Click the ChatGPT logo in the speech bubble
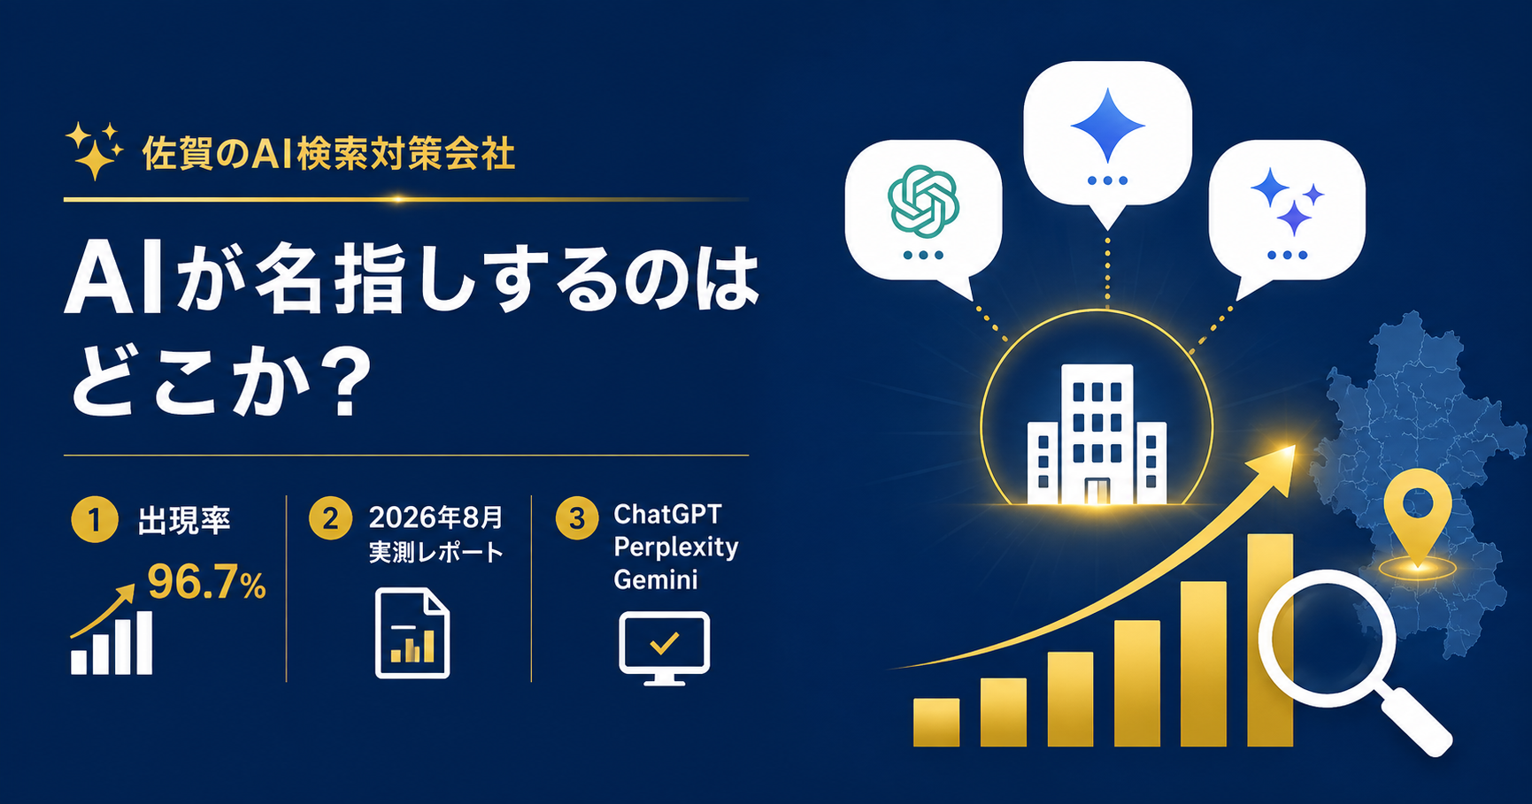(923, 202)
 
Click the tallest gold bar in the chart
(1270, 639)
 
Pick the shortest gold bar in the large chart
(936, 723)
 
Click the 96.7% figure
(206, 582)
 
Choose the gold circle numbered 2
(330, 517)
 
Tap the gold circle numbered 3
(577, 517)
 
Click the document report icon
(412, 633)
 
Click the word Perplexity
(676, 548)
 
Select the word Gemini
(656, 580)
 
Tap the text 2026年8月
(435, 517)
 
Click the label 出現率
(184, 520)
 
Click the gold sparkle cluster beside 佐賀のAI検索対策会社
(94, 150)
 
